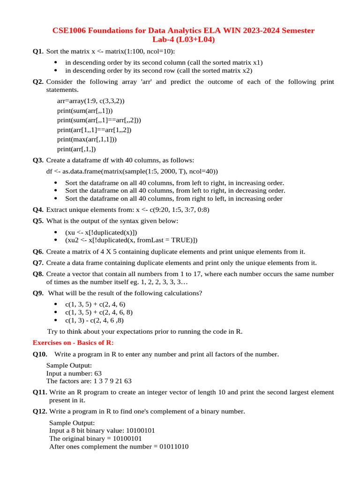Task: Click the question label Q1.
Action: coord(38,51)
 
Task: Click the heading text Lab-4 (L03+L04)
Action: coord(183,40)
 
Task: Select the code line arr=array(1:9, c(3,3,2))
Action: coord(90,101)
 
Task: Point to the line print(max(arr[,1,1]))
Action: coord(87,139)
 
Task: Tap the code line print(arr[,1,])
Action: coord(76,149)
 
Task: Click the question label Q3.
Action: coord(38,160)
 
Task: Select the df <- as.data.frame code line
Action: coord(132,171)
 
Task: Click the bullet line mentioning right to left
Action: coord(173,198)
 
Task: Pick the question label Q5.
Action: coord(38,221)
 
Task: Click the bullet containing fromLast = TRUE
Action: coord(131,240)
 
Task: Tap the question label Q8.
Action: coord(38,274)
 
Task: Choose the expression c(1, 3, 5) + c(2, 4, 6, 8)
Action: coord(98,312)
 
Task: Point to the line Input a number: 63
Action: coord(74,373)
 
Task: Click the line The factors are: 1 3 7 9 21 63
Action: coord(89,381)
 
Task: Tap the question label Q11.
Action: coord(40,392)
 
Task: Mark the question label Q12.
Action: coord(40,412)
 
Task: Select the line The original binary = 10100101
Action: coord(96,438)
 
